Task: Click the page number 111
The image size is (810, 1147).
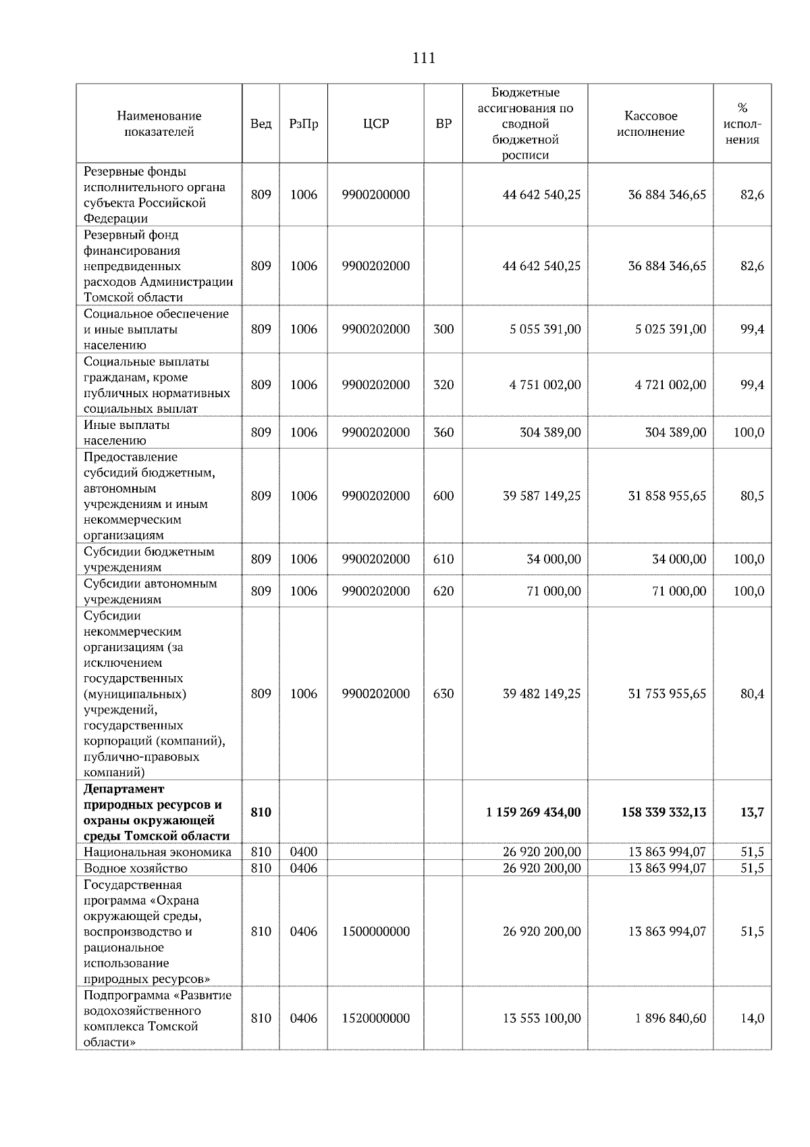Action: click(423, 58)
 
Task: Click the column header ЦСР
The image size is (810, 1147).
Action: click(375, 124)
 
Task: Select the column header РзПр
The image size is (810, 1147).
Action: click(303, 124)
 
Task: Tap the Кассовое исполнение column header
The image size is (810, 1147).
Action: click(650, 124)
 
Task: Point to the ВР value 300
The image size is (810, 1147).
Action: click(443, 329)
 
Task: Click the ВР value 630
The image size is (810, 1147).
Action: click(443, 694)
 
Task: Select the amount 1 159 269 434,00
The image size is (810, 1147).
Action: click(533, 812)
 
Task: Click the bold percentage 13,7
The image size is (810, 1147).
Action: click(751, 812)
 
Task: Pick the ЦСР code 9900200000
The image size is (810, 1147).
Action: click(375, 195)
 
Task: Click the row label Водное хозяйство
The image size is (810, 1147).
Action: click(136, 868)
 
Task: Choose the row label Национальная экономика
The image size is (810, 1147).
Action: click(157, 852)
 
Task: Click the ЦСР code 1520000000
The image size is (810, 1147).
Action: click(375, 1018)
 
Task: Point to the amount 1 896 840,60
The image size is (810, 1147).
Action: click(670, 1018)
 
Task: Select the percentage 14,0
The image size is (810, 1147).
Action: click(752, 1018)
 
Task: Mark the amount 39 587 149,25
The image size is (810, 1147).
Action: click(541, 496)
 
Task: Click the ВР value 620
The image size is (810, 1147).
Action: click(443, 591)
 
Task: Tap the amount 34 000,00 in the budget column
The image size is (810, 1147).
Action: click(553, 559)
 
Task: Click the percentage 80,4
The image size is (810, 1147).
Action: click(752, 694)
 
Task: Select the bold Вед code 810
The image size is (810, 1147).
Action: click(261, 812)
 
